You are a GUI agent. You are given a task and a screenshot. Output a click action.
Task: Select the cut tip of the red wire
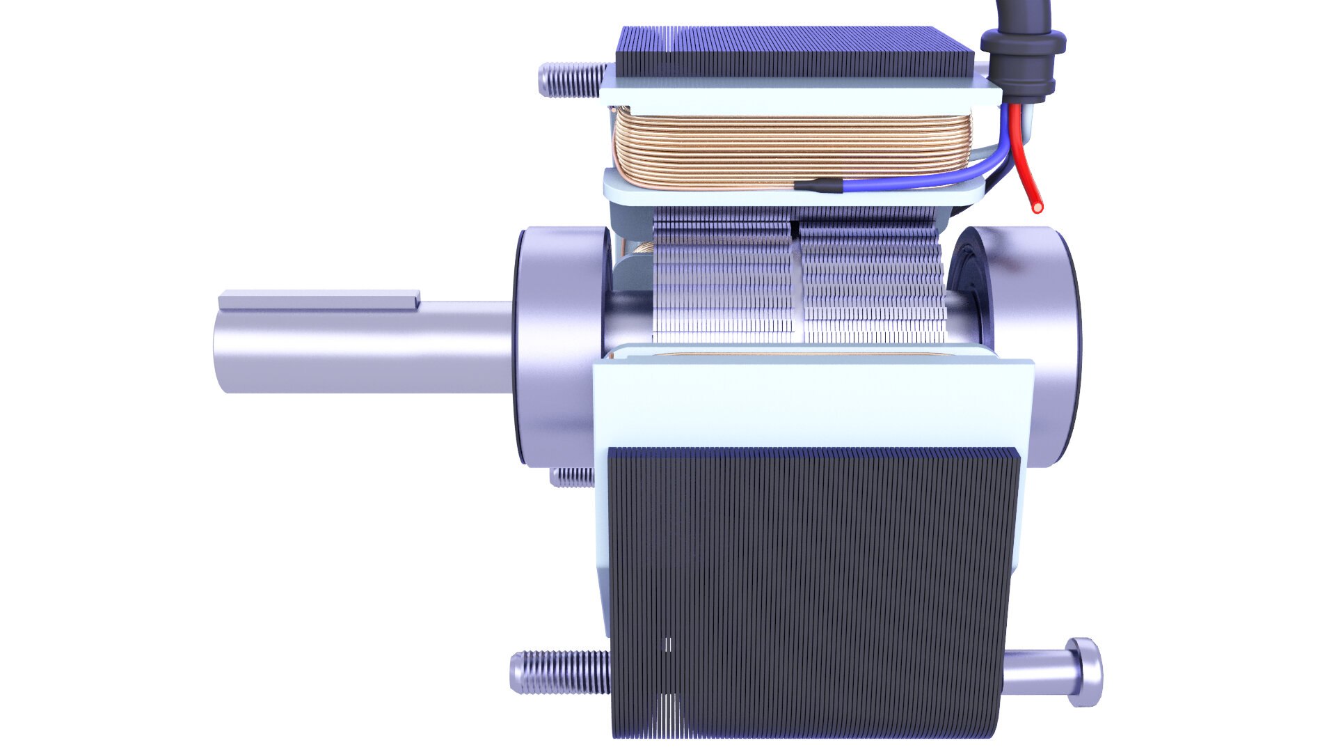(x=1037, y=207)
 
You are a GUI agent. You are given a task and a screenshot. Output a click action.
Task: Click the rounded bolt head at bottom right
(x=1085, y=672)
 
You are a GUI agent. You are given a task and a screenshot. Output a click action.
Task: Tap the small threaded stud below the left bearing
(x=572, y=477)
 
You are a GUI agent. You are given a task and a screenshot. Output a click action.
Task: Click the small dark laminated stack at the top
(x=793, y=52)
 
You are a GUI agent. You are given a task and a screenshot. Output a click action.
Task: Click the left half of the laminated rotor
(x=724, y=285)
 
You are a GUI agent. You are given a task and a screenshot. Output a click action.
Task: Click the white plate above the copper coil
(x=800, y=97)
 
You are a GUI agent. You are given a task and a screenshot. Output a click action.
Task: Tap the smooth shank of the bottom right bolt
(x=1037, y=672)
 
